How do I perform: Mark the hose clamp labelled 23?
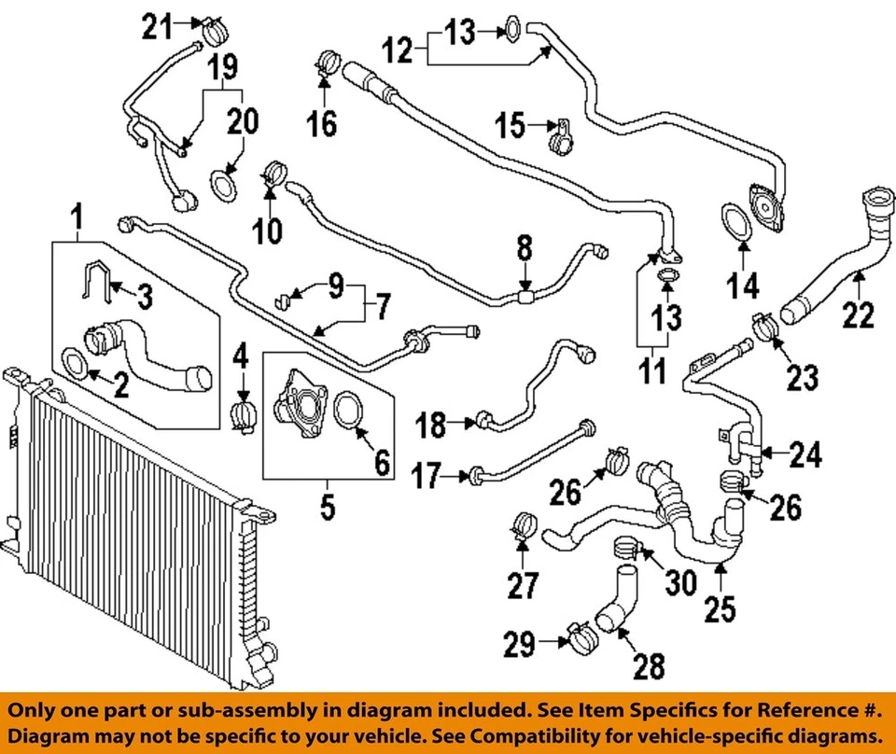click(763, 327)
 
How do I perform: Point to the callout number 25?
click(721, 608)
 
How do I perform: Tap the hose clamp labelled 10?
click(275, 174)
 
